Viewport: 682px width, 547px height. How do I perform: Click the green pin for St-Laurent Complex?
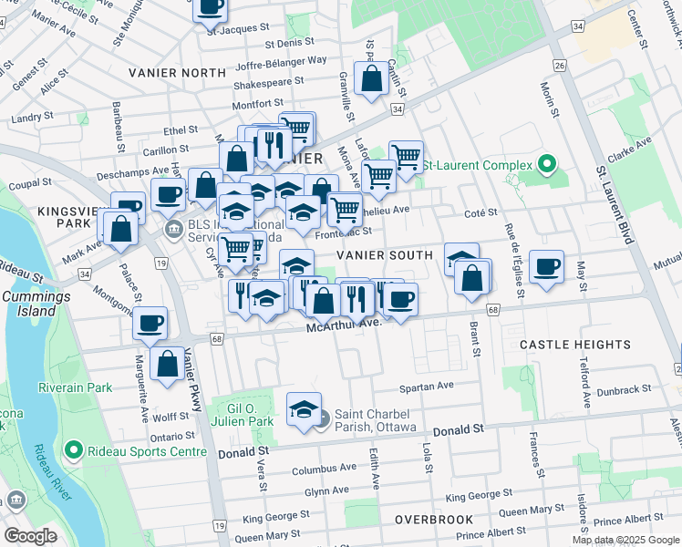[x=547, y=165]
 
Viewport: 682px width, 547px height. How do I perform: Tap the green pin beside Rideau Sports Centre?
[x=74, y=450]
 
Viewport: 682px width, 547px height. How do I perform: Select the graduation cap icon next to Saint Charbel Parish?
[x=305, y=410]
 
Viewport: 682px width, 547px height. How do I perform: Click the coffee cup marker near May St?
[x=546, y=267]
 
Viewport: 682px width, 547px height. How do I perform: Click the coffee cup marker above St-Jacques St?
[x=210, y=7]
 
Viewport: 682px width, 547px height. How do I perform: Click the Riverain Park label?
[x=75, y=387]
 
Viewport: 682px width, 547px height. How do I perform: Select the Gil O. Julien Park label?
[x=250, y=415]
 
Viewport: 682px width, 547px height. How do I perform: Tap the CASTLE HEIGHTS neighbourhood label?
[x=574, y=345]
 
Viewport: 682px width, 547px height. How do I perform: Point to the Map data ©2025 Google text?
[x=625, y=540]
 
